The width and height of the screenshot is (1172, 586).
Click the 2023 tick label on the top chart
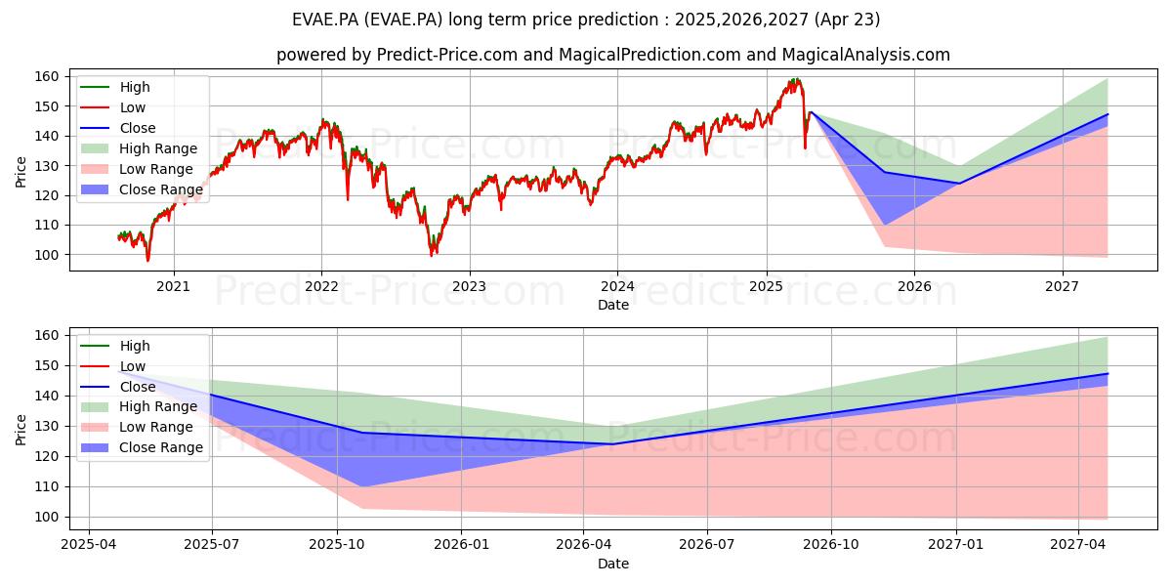pyautogui.click(x=469, y=287)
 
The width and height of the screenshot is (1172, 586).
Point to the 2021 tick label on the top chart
pyautogui.click(x=173, y=287)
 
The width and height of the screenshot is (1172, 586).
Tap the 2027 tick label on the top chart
pyautogui.click(x=1062, y=287)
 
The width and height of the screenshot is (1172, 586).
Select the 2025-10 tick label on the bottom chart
pyautogui.click(x=337, y=545)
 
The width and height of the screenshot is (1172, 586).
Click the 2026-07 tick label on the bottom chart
pyautogui.click(x=707, y=545)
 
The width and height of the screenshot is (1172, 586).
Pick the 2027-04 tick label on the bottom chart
pyautogui.click(x=1078, y=545)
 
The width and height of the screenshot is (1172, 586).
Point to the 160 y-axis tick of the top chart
pyautogui.click(x=46, y=77)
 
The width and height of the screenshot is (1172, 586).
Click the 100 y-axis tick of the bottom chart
pyautogui.click(x=46, y=517)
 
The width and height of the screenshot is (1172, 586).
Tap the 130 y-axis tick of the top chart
pyautogui.click(x=46, y=166)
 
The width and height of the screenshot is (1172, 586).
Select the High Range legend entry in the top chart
pyautogui.click(x=139, y=148)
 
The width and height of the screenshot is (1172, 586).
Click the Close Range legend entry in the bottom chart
pyautogui.click(x=142, y=447)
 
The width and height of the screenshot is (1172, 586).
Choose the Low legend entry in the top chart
pyautogui.click(x=112, y=107)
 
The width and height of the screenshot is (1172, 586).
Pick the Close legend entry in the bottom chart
pyautogui.click(x=118, y=387)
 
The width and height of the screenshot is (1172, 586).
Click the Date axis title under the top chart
pyautogui.click(x=613, y=305)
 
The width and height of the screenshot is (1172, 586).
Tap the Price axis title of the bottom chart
pyautogui.click(x=21, y=430)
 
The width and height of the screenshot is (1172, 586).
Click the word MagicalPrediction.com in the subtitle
pyautogui.click(x=649, y=55)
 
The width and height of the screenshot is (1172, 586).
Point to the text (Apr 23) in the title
pyautogui.click(x=847, y=20)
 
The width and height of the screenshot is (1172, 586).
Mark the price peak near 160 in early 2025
pyautogui.click(x=796, y=79)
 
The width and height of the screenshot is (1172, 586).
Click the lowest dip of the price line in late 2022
pyautogui.click(x=432, y=255)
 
